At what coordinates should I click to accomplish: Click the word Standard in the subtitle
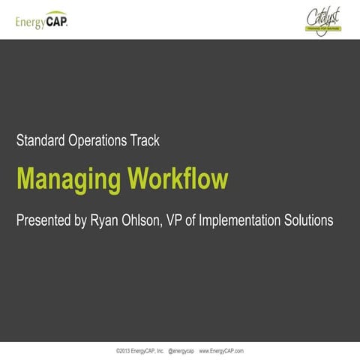[43, 140]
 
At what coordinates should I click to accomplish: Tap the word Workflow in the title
[177, 180]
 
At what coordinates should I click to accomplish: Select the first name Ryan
[116, 222]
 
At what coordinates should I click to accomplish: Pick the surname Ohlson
[156, 221]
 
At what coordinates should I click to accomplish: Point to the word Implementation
[256, 222]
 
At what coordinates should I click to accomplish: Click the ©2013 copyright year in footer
[124, 350]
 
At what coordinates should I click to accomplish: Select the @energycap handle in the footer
[181, 350]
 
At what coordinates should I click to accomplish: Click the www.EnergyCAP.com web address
[221, 350]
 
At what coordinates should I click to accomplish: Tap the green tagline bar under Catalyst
[323, 31]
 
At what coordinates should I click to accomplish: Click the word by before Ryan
[91, 222]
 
